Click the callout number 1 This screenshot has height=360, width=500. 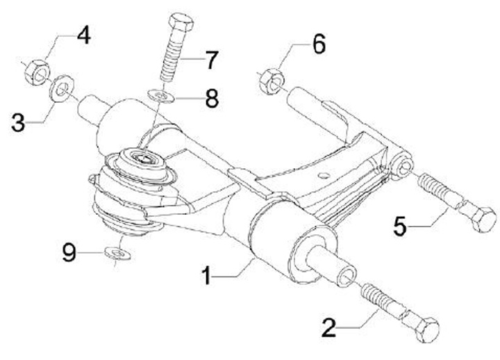[x=207, y=276]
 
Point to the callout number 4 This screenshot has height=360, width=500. [x=83, y=35]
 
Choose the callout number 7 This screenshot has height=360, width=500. [x=211, y=60]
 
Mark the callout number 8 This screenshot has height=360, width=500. [x=211, y=98]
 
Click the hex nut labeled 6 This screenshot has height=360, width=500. [x=270, y=82]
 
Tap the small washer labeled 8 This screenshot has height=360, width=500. [x=162, y=95]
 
